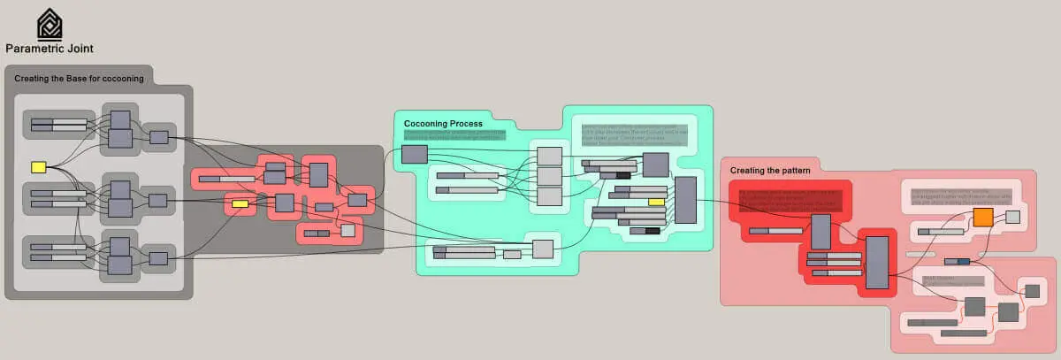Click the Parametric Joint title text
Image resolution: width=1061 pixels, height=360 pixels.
click(x=50, y=49)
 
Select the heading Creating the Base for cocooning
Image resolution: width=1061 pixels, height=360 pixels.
click(x=79, y=79)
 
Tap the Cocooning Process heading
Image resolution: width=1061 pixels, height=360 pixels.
click(x=443, y=123)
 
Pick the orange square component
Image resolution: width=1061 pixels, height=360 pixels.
click(x=982, y=218)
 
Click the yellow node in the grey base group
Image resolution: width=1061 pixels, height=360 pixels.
click(x=38, y=166)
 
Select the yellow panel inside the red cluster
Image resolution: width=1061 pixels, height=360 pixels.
click(x=240, y=204)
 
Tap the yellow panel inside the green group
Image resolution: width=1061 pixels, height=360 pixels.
click(x=656, y=202)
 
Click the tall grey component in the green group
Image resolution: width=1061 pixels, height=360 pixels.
click(x=685, y=199)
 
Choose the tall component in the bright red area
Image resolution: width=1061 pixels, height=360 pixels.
click(x=876, y=263)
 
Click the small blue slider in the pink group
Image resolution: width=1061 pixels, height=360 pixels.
click(x=957, y=261)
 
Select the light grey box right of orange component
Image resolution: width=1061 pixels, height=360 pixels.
click(x=1012, y=217)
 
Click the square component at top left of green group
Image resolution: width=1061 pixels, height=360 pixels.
click(x=414, y=155)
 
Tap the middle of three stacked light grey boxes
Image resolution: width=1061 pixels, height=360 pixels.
click(x=550, y=176)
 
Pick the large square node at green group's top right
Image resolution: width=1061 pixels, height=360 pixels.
click(x=655, y=165)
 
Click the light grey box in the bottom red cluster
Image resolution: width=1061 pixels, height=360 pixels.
click(x=348, y=231)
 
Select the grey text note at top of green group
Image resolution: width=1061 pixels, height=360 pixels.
click(x=633, y=134)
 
